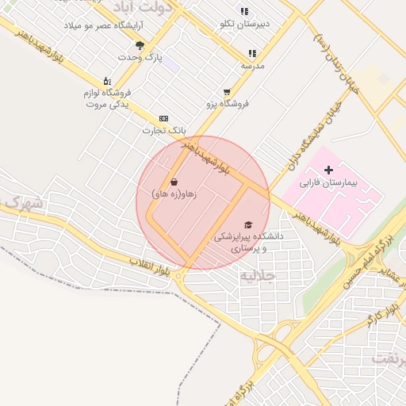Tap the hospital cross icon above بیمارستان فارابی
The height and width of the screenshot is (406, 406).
[328, 170]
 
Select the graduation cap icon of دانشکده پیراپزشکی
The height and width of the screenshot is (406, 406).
[248, 224]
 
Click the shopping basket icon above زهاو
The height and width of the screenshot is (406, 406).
[174, 182]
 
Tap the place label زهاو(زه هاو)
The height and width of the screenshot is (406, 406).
[174, 193]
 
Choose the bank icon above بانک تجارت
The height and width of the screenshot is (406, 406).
[164, 117]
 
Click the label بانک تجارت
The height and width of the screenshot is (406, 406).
[163, 130]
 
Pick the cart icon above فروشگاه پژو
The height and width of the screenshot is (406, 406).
[228, 91]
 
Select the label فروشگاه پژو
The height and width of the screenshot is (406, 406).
[228, 103]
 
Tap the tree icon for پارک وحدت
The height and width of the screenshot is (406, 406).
[140, 45]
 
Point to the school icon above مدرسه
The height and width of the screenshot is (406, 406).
[252, 53]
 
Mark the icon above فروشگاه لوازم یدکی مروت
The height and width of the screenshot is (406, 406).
[106, 81]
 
